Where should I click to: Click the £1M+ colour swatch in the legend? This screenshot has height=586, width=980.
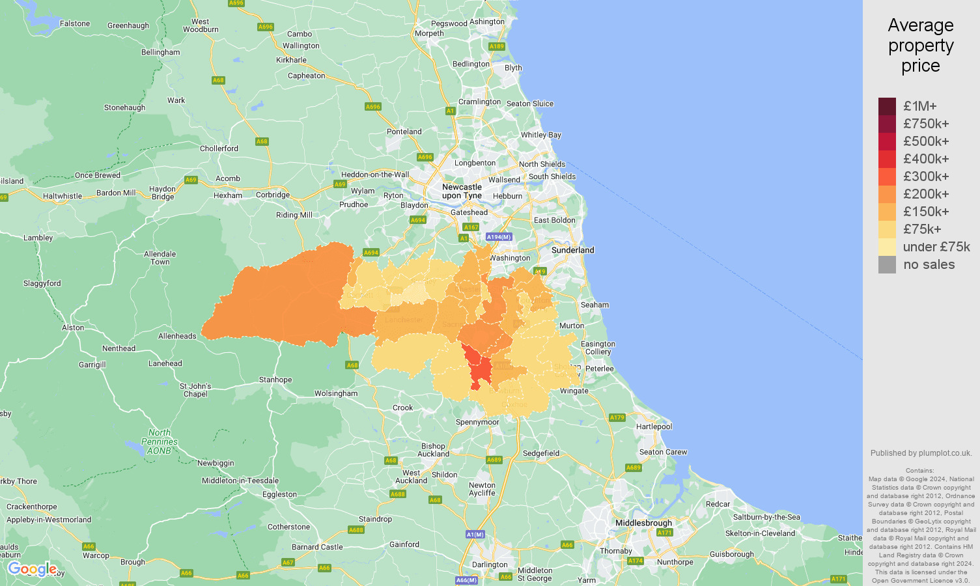coord(887,106)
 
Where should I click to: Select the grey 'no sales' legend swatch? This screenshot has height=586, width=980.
coord(887,264)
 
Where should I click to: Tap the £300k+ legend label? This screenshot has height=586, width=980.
coord(926,176)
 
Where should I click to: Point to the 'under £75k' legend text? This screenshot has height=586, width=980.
coord(936,247)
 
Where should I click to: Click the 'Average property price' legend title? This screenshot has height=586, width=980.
coord(921,46)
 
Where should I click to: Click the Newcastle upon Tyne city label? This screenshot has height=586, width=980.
coord(462,191)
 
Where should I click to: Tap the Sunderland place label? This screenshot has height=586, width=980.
coord(572,250)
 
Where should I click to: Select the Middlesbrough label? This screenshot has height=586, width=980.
coord(643,523)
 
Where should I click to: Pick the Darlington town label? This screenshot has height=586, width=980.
coord(490,565)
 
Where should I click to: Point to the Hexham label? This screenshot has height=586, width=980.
coord(228,195)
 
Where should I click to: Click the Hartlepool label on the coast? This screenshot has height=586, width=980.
coord(654,426)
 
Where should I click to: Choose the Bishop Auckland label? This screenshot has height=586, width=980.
coord(434,450)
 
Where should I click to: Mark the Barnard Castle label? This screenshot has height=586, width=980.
coord(317,547)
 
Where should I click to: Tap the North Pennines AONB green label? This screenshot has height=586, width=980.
coord(160,441)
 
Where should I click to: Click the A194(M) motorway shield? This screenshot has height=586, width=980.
coord(499,237)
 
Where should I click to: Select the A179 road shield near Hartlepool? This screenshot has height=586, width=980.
coord(617,417)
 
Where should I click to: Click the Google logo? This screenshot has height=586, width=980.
coord(32,570)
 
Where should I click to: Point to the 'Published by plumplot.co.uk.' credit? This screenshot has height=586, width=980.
coord(921,453)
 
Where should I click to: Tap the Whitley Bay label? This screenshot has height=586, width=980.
coord(540,135)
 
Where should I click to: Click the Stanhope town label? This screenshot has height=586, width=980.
coord(275,380)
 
